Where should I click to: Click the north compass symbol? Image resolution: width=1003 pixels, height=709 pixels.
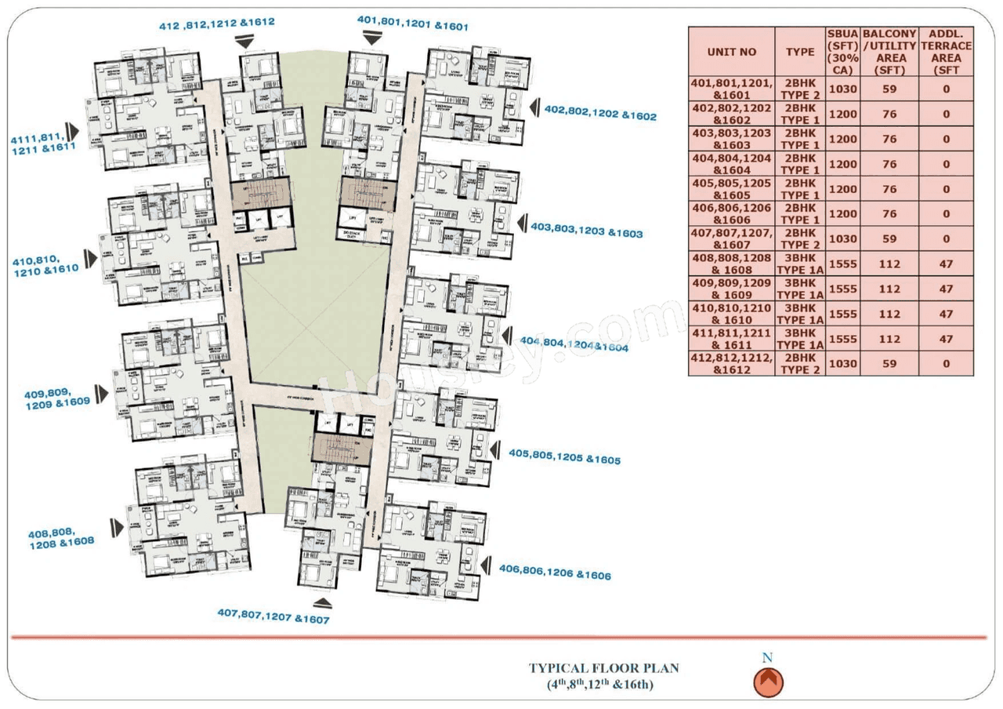pos(768,682)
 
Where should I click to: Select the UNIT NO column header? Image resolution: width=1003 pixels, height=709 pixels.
pos(731,52)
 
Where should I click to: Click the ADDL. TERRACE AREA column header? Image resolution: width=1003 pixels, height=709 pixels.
pos(946,52)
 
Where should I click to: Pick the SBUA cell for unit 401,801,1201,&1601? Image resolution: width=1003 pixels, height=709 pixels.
pos(842,89)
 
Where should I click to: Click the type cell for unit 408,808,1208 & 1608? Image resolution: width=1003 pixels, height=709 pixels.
pos(800,264)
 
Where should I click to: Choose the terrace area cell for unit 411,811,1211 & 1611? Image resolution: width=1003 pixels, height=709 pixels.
pos(946,339)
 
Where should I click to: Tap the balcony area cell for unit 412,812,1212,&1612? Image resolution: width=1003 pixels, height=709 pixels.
pos(889,364)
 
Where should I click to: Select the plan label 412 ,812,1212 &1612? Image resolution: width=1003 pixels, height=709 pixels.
pos(217,23)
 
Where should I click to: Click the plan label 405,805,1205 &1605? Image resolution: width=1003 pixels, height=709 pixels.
pos(564,456)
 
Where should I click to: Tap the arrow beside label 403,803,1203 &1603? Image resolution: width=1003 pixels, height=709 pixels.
pos(520,223)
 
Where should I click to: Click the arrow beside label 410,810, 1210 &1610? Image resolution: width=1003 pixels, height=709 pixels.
pos(92,258)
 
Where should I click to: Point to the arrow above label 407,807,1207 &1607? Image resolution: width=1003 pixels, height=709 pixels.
pos(322,603)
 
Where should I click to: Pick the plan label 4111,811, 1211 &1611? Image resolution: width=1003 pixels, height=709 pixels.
pos(43,142)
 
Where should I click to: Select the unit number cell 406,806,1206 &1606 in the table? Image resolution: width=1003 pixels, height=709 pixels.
pos(731,214)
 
